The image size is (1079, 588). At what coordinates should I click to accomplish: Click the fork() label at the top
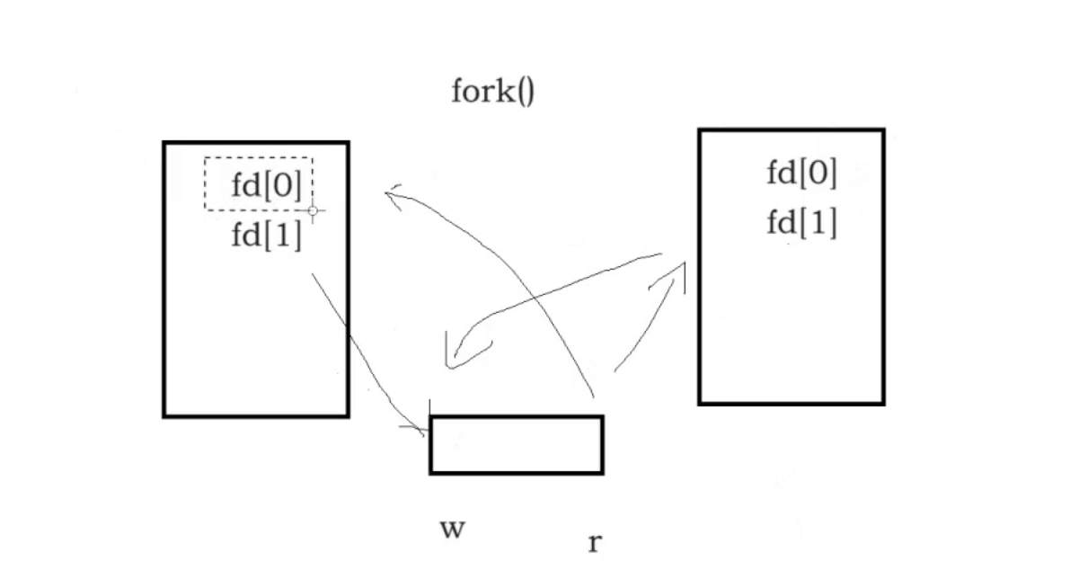coord(492,92)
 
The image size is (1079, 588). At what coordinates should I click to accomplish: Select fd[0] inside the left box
coord(266,185)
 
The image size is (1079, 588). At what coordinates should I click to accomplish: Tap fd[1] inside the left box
coord(266,236)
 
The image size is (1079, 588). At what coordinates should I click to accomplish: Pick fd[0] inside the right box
coord(801,173)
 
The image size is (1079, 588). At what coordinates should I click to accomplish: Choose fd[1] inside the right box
coord(801,222)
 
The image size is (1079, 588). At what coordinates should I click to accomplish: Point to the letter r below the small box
coord(594,543)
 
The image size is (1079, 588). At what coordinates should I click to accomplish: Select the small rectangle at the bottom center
coord(516,444)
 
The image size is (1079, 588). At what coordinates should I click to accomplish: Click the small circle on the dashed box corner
coord(313,211)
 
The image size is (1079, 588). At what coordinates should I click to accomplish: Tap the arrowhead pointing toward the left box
coord(391,192)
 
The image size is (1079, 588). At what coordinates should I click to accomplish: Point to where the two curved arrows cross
coord(534,298)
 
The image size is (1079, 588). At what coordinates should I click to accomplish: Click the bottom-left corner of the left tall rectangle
coord(164,415)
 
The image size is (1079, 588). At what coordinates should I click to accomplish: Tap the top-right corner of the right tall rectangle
coord(883,131)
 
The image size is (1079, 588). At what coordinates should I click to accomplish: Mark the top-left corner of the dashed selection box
coord(205,158)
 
